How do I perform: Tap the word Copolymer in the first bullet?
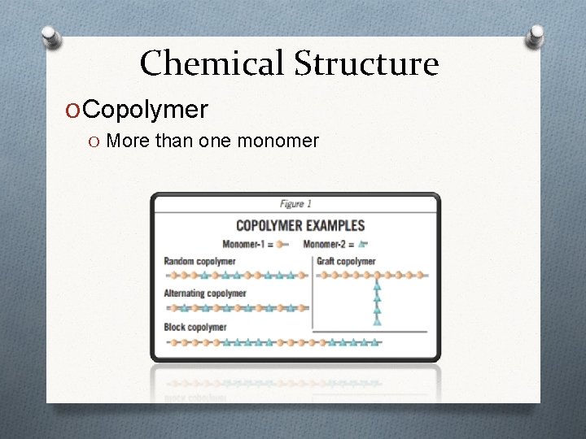[146, 109]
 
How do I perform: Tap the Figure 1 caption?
[295, 204]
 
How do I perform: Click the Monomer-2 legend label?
[324, 243]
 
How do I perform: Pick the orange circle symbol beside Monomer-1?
[280, 243]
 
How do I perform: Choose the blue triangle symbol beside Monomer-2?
[361, 243]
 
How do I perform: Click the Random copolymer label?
[199, 261]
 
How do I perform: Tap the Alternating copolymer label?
[205, 293]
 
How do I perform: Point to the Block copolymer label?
[195, 327]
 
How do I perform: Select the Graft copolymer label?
[346, 261]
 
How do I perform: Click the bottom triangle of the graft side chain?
[377, 321]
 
